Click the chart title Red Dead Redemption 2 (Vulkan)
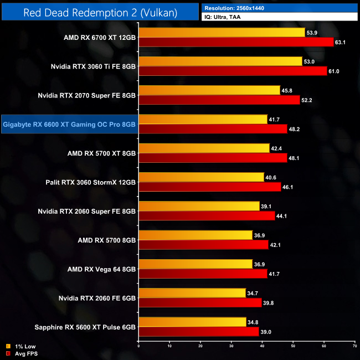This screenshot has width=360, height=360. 100,12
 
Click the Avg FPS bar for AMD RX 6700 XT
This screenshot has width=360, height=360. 236,42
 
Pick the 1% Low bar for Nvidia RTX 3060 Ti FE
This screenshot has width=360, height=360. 220,61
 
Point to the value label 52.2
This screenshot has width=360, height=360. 308,100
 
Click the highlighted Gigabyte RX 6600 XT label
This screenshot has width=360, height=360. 69,125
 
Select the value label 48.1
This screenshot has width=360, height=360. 295,158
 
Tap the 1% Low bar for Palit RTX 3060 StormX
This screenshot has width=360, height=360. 201,177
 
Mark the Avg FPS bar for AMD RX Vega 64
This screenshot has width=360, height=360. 203,273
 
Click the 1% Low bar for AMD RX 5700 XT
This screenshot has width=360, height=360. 204,148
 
